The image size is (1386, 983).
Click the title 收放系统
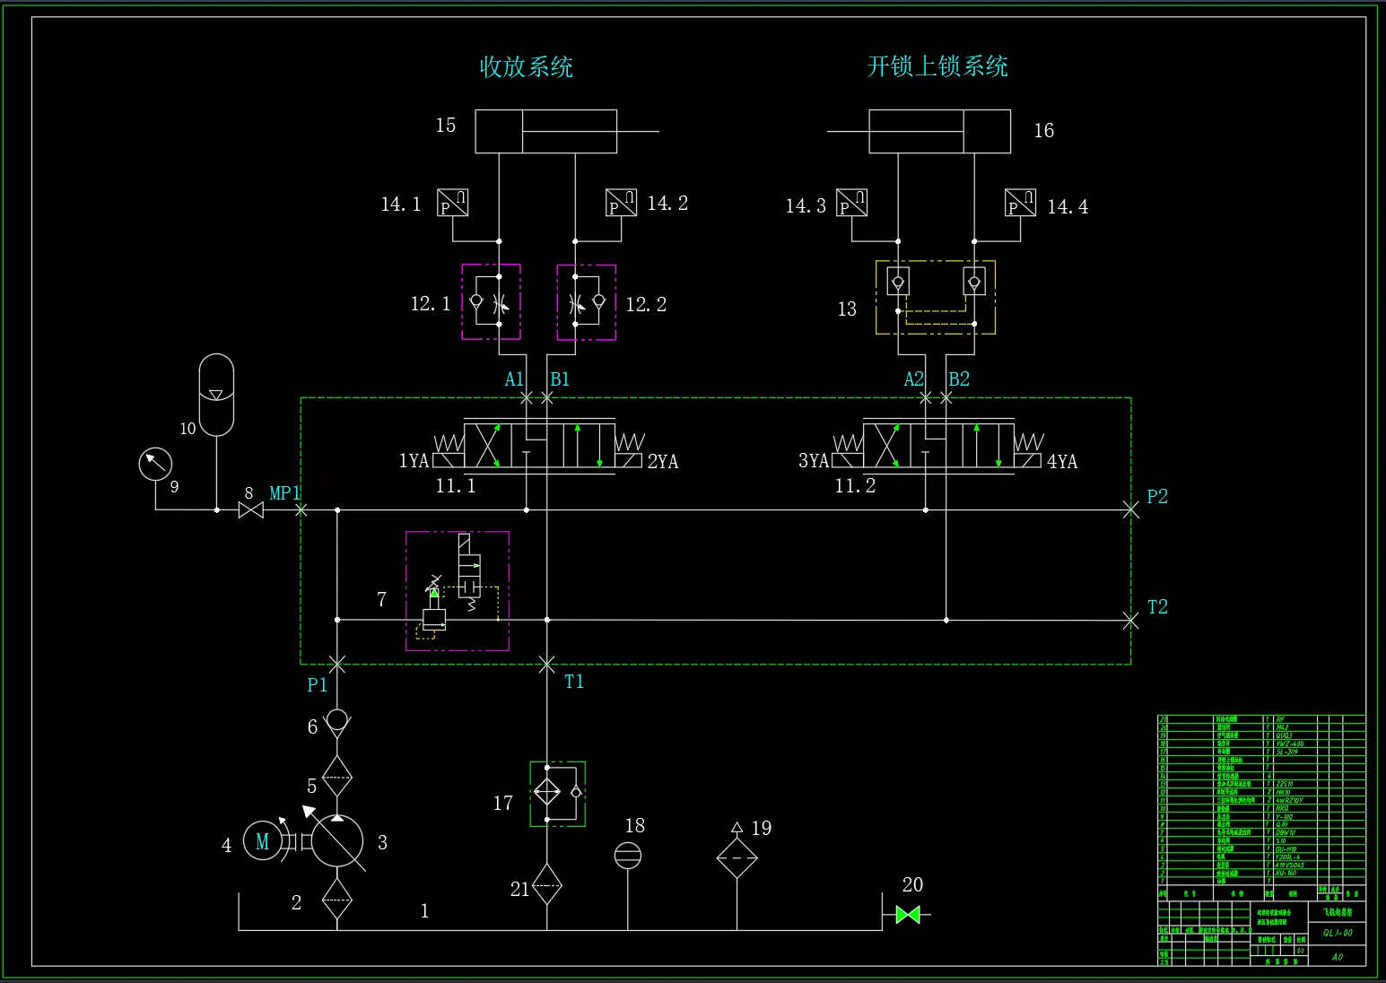click(x=527, y=67)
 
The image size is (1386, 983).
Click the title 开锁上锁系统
click(x=937, y=66)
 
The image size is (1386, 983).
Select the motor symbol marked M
click(x=263, y=841)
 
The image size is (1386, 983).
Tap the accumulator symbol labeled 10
click(x=216, y=395)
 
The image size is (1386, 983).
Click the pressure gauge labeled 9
click(x=155, y=465)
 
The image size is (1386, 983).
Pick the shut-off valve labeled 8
click(x=251, y=510)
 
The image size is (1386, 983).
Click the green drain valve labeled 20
click(x=908, y=915)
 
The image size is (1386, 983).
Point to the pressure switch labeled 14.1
click(x=453, y=204)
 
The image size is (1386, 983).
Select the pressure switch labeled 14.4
click(x=1021, y=204)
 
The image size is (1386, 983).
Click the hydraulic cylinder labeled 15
click(x=545, y=132)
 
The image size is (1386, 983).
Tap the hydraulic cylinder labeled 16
click(x=939, y=132)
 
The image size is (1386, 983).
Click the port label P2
click(x=1157, y=497)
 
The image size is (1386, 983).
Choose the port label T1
click(x=574, y=682)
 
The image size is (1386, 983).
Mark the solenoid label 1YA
click(x=414, y=461)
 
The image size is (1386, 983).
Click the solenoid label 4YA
click(x=1062, y=462)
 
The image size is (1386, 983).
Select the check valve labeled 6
click(x=337, y=720)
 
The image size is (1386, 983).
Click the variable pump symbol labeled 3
click(x=336, y=842)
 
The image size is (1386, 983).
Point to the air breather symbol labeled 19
click(x=737, y=858)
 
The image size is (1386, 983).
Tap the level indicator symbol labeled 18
click(x=628, y=856)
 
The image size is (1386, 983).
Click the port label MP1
click(x=284, y=493)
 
